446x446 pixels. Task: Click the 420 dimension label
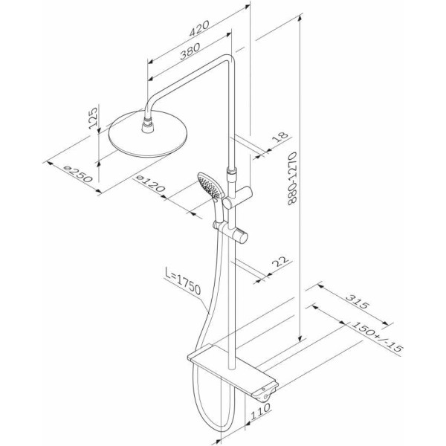tap(199, 28)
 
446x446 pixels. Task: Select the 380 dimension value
tap(190, 51)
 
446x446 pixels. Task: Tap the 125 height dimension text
tap(93, 118)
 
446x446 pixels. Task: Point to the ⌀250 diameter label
tap(78, 174)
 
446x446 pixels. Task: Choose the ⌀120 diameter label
tap(150, 184)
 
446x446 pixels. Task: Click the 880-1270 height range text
tap(292, 178)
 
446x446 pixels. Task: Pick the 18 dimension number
tap(280, 137)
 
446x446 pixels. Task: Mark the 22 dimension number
tap(280, 261)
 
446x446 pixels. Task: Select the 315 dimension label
tap(358, 302)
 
